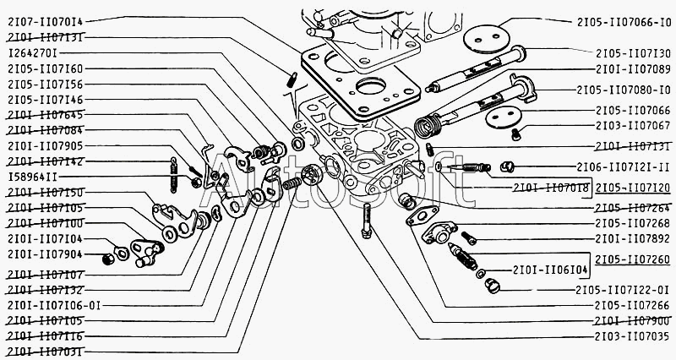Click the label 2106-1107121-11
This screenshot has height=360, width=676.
pos(624,166)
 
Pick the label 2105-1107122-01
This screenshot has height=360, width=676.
pos(624,290)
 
